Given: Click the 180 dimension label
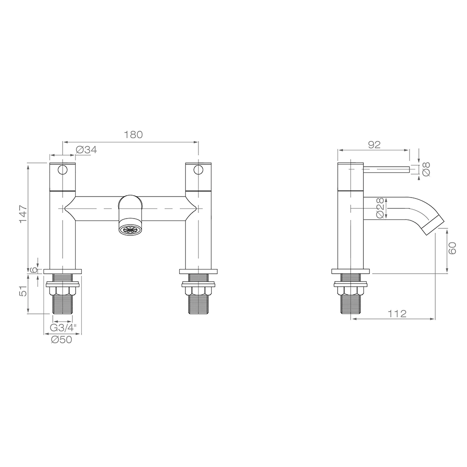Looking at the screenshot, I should [x=133, y=134].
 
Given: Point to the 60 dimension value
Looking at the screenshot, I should [x=453, y=248].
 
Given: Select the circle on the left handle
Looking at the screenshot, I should [x=63, y=169].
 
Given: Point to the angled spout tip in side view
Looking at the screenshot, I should [x=433, y=226].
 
